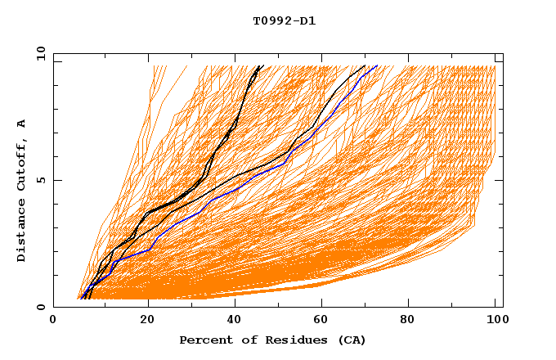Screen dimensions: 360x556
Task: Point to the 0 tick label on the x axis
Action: (x=54, y=320)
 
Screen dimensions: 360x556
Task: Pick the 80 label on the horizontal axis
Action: (x=412, y=320)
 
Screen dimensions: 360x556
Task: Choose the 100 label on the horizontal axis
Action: (x=496, y=320)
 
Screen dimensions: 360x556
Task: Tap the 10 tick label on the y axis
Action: (x=38, y=53)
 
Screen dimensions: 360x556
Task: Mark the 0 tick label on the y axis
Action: (x=42, y=307)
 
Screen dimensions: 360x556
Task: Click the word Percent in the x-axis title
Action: (x=204, y=340)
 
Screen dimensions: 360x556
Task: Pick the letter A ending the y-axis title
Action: (x=21, y=123)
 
